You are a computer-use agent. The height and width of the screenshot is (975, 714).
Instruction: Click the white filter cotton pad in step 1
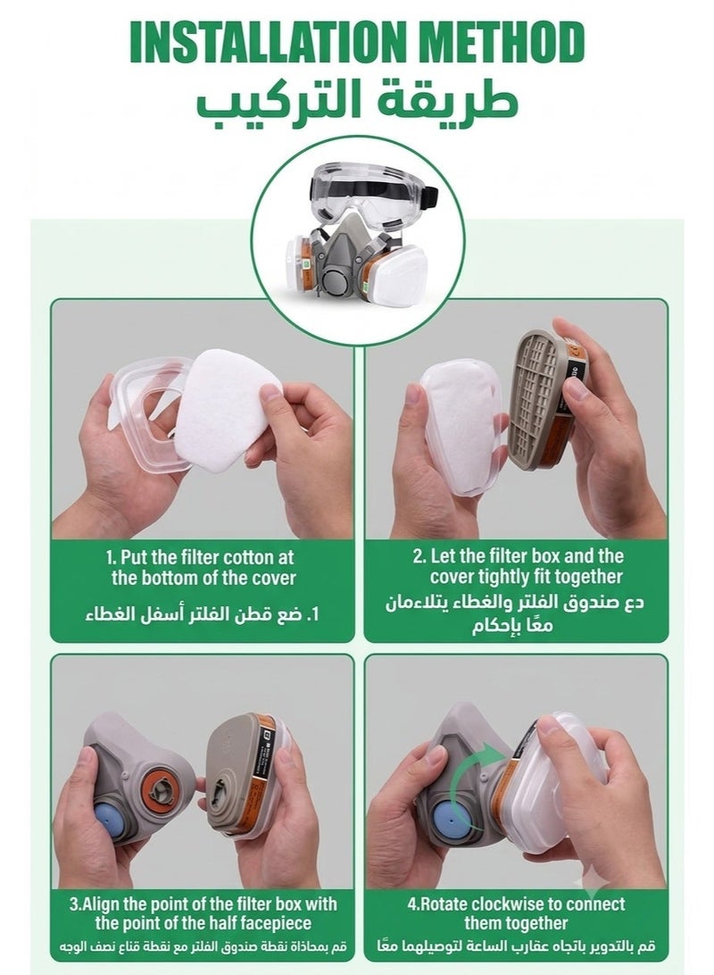228,410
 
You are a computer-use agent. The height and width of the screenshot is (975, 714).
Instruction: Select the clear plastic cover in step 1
149,413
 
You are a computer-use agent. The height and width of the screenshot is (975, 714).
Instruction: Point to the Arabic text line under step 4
515,947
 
